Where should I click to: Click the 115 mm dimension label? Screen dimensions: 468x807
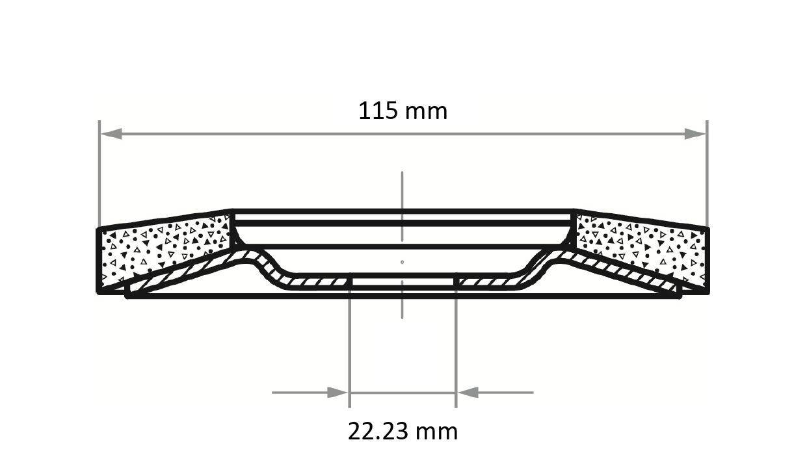tap(403, 111)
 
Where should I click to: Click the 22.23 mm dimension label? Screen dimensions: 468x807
tap(403, 431)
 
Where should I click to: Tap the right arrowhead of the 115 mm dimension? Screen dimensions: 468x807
tap(695, 134)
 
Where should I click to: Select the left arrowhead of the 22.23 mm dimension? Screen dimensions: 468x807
tap(337, 393)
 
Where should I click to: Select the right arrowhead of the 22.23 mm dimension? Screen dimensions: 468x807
tap(468, 393)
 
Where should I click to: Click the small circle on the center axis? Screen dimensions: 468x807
tap(403, 262)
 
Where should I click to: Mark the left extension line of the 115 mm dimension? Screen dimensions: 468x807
tap(99, 169)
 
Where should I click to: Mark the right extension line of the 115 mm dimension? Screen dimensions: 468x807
tap(707, 169)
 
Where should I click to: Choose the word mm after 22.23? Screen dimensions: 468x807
tap(438, 431)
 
